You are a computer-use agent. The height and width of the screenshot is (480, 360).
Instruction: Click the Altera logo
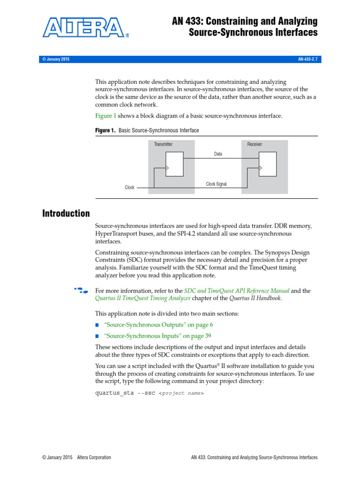tap(86, 28)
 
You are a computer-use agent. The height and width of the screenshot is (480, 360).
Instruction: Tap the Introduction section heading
tap(66, 214)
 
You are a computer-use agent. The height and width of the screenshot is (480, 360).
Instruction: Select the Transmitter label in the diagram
tap(163, 144)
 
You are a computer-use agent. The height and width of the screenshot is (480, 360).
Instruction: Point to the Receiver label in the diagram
tap(255, 144)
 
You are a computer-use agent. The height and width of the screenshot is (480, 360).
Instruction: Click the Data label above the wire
tap(218, 154)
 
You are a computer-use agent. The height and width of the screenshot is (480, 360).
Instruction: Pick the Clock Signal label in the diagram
tap(216, 184)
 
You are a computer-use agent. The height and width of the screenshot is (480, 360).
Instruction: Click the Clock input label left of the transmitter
tap(129, 187)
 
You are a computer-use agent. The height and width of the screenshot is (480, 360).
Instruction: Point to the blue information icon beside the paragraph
tap(80, 291)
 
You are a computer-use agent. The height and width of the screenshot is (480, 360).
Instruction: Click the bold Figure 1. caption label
tap(105, 130)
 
